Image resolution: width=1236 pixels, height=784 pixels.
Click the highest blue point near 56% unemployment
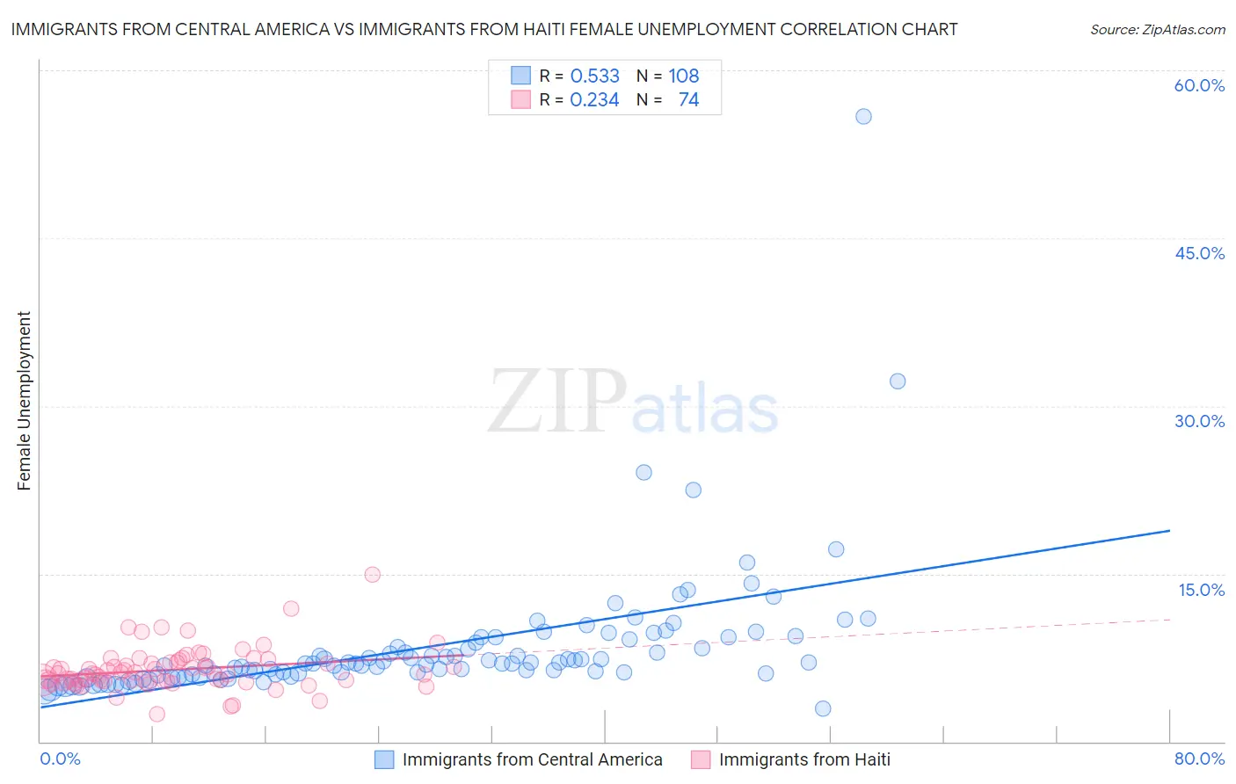pos(863,116)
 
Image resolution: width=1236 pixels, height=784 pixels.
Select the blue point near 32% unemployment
pos(897,381)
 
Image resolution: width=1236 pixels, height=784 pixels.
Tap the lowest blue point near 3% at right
pos(823,708)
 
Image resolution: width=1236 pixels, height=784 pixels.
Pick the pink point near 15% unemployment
pos(372,575)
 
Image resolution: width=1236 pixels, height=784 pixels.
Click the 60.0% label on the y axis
pos(1199,85)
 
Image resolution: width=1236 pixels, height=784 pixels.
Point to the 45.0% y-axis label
pos(1199,253)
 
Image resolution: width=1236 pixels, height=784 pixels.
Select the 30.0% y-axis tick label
pos(1199,421)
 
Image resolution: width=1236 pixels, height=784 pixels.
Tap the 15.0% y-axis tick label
pos(1201,590)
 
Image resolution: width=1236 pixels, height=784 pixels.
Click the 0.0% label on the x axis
pos(60,759)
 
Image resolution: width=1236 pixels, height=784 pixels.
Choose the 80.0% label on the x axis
pos(1199,759)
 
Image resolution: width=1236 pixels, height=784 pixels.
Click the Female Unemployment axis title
pos(24,401)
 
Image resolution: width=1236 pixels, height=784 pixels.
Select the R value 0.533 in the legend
pos(594,76)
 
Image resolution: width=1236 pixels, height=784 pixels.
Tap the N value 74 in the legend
pos(688,100)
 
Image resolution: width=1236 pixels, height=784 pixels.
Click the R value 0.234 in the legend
pos(594,100)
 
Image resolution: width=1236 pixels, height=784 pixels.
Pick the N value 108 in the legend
pos(683,76)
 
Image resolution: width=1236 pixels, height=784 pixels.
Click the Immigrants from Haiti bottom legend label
pos(803,759)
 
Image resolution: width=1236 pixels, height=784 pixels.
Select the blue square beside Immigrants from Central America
pos(384,759)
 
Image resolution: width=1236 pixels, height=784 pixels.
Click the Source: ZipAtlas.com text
pos(1157,29)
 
